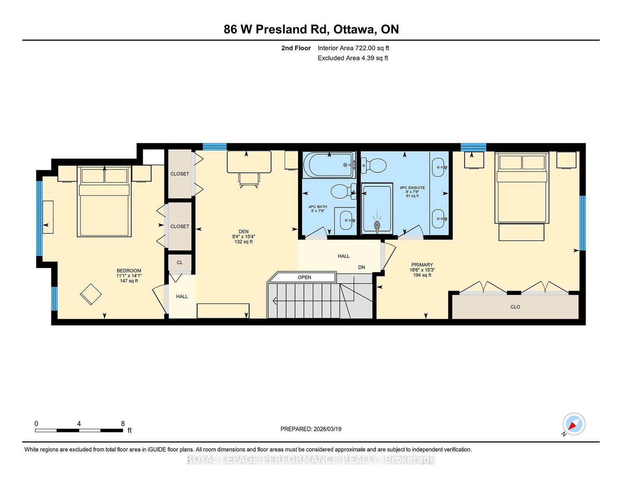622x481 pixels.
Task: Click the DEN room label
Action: pyautogui.click(x=244, y=231)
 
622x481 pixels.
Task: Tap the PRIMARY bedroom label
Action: pyautogui.click(x=422, y=265)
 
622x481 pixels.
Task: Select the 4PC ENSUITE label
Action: pyautogui.click(x=412, y=188)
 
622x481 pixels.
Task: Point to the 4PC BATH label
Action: pyautogui.click(x=318, y=207)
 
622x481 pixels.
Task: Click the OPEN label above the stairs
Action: pyautogui.click(x=304, y=277)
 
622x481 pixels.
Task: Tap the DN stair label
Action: pyautogui.click(x=362, y=267)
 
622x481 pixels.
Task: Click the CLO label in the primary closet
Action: pyautogui.click(x=515, y=307)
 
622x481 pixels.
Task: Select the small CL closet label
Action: pyautogui.click(x=180, y=262)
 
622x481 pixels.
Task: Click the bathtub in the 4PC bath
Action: pyautogui.click(x=328, y=165)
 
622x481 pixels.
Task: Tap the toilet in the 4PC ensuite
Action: pyautogui.click(x=373, y=166)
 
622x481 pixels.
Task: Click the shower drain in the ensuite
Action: pyautogui.click(x=377, y=225)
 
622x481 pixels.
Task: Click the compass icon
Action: pyautogui.click(x=574, y=424)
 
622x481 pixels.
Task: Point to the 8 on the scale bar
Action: pyautogui.click(x=123, y=424)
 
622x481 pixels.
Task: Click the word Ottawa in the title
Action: pyautogui.click(x=355, y=30)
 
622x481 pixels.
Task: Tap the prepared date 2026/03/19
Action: pyautogui.click(x=327, y=429)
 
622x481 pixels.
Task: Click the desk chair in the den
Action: pyautogui.click(x=249, y=180)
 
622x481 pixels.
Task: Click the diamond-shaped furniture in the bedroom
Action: pyautogui.click(x=91, y=294)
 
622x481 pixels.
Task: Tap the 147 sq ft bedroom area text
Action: pyautogui.click(x=129, y=281)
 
